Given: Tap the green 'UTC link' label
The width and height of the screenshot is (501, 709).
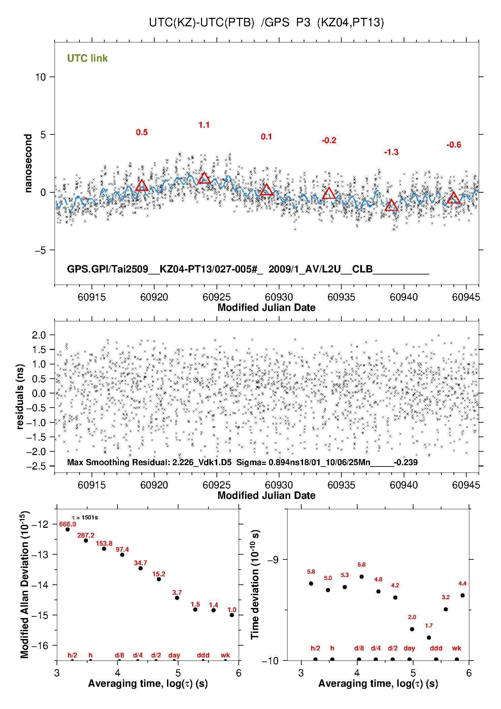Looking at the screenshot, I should point(87,58).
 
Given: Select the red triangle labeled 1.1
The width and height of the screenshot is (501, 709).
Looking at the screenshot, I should point(204,178).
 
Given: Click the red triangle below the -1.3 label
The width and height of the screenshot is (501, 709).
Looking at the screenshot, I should point(391,205).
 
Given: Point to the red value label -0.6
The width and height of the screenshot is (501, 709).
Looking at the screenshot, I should point(454,145).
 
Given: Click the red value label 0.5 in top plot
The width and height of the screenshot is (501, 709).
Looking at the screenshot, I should point(142,132).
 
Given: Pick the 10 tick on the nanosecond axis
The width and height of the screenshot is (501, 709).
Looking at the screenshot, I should point(40,77).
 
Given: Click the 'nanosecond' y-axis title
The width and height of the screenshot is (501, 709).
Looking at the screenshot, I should point(28,163).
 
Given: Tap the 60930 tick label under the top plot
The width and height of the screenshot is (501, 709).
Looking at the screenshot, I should point(279,297).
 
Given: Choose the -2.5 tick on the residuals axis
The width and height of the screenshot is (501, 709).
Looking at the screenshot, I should point(36,466).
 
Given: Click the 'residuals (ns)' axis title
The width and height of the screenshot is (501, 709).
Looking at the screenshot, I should point(20,396).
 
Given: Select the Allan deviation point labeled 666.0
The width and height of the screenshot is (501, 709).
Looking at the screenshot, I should point(68,529).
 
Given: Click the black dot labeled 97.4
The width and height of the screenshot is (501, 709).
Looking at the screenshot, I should point(122,555).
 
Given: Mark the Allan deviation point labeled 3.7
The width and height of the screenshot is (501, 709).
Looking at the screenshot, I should point(177,598).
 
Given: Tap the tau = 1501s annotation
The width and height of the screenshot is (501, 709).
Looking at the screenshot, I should point(85,517).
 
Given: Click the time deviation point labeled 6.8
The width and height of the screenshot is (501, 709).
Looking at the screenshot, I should point(362,577).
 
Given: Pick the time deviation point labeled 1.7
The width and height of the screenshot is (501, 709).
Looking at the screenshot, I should point(429,638).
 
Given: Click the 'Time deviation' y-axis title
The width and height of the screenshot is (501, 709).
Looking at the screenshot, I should point(255,585).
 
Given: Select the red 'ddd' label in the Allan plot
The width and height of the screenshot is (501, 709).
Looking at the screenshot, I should point(203,655).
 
